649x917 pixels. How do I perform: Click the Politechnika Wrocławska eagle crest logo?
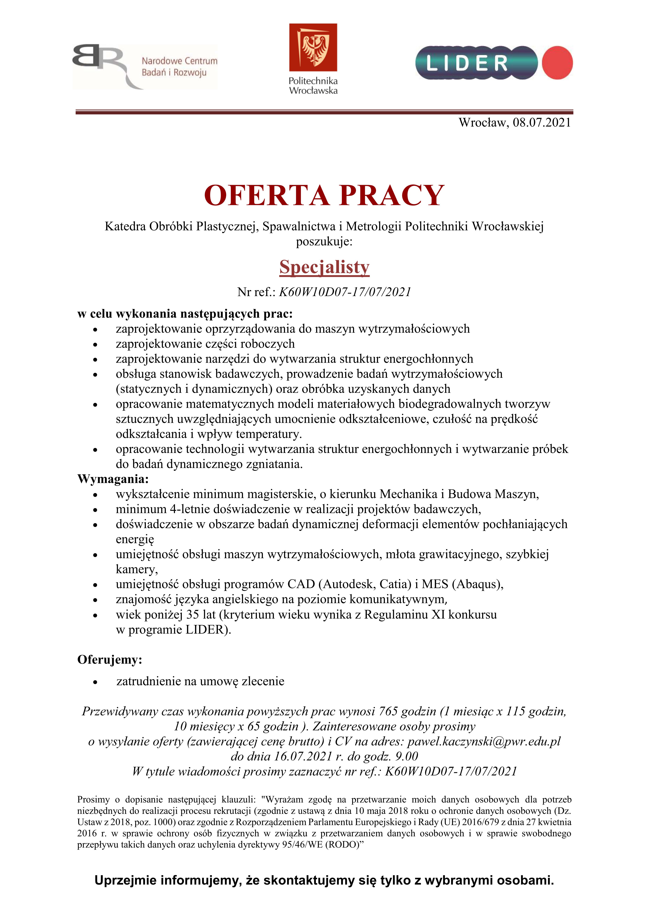click(313, 47)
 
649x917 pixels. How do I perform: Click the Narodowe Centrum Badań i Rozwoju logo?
click(145, 66)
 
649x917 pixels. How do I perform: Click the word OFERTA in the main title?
click(266, 195)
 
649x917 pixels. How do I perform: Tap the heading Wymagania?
click(113, 479)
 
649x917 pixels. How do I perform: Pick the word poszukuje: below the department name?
click(324, 242)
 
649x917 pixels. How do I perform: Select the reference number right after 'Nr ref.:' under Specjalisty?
click(344, 292)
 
